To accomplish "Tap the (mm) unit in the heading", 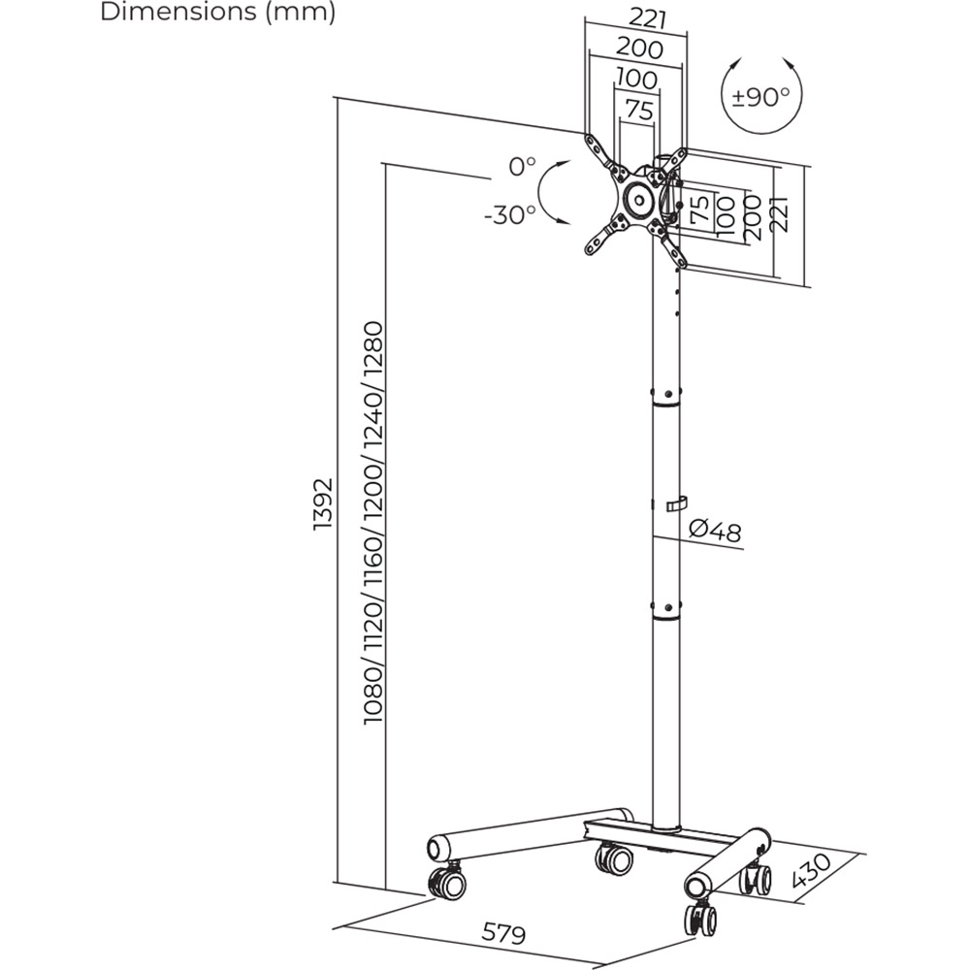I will (301, 14).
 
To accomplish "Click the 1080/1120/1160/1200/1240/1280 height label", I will (373, 524).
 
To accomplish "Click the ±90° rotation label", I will (760, 96).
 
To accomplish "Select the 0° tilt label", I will (522, 166).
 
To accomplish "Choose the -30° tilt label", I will (510, 214).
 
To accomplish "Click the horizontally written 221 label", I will (636, 17).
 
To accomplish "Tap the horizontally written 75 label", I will (637, 111).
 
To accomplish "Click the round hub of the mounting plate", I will (638, 200).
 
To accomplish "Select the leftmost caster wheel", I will (445, 882).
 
